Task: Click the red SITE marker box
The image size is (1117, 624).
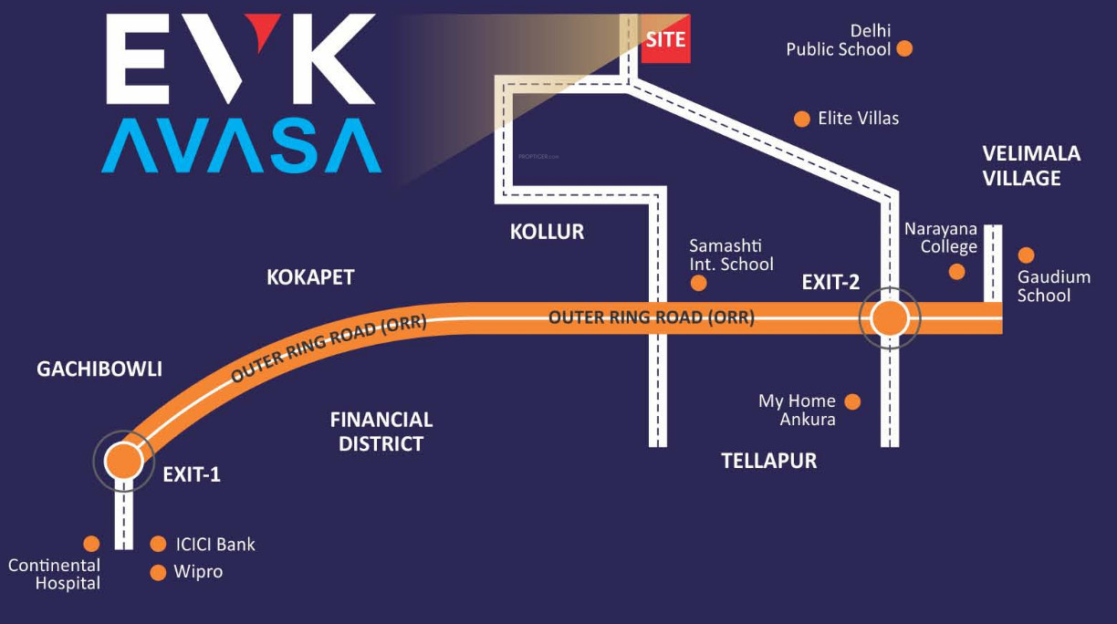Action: point(665,40)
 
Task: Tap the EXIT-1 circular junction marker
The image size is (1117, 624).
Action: point(122,462)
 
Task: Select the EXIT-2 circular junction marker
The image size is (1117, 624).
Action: point(890,319)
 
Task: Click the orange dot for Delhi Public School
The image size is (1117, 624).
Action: point(904,48)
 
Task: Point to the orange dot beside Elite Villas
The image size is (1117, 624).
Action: point(802,119)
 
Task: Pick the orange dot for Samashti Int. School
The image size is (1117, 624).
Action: point(698,283)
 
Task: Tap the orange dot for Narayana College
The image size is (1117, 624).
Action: point(956,271)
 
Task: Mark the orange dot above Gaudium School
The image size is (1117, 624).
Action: point(1027,255)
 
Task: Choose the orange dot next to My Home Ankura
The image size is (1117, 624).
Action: point(852,401)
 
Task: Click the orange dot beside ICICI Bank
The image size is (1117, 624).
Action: point(158,544)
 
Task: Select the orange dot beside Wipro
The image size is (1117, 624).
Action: point(158,573)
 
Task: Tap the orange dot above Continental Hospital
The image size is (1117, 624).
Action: point(91,544)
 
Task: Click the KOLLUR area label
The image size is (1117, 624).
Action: point(547,232)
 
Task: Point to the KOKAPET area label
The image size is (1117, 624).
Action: point(310,277)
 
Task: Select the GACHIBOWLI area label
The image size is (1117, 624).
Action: point(99,369)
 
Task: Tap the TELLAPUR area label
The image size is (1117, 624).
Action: point(768,461)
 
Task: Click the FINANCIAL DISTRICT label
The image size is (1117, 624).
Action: point(381,432)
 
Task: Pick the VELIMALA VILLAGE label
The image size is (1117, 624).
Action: point(1031,165)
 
